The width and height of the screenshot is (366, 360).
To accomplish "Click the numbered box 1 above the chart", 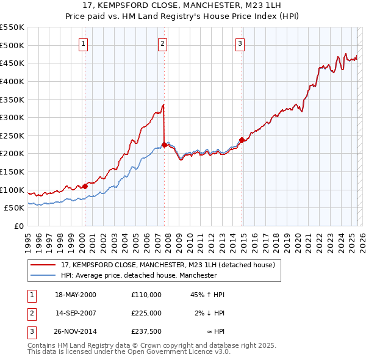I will [82, 43].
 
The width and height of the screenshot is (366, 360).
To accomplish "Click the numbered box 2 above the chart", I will [163, 43].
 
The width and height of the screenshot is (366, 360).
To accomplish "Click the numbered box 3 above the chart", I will [240, 43].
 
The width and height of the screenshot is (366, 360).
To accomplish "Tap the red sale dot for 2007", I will [164, 145].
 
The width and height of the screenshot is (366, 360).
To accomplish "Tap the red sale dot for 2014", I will [242, 140].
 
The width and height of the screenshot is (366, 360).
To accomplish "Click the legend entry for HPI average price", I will [139, 275].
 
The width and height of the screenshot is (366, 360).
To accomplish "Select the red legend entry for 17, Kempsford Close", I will [168, 265].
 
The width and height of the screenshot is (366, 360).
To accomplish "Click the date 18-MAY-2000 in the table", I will [76, 295].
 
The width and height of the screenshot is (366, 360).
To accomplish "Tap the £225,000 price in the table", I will [146, 313].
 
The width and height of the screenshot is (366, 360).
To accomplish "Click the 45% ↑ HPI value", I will [208, 295].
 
